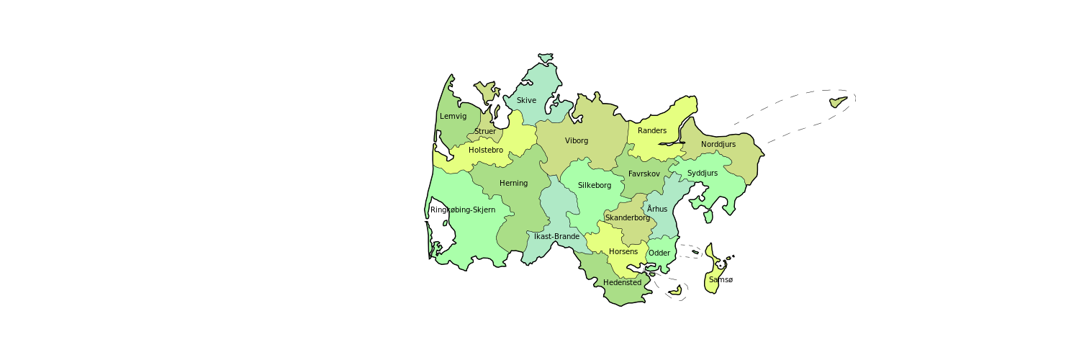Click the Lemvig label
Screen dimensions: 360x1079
point(453,116)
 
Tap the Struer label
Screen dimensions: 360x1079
point(485,131)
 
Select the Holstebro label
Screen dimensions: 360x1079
point(486,150)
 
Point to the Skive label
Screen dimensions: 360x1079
point(526,100)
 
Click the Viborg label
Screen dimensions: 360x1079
point(577,140)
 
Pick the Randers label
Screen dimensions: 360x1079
point(652,130)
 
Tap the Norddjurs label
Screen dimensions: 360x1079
point(718,144)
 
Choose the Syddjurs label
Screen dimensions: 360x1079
point(703,173)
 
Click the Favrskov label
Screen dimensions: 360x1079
point(644,174)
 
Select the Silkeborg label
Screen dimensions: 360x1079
point(595,185)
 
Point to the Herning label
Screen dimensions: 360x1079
point(513,183)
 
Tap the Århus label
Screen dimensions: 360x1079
point(657,209)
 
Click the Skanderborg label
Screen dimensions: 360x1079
point(628,217)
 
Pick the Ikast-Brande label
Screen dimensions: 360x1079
point(556,236)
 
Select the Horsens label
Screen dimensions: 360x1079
point(623,251)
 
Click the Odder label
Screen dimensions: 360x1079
point(659,253)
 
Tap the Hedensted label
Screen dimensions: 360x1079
point(622,282)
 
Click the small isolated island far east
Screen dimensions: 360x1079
point(836,102)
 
